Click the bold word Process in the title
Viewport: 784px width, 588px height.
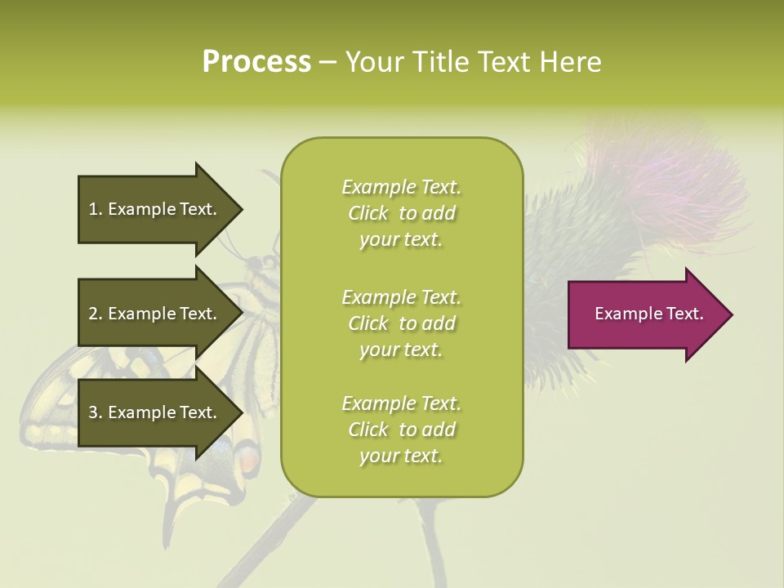coord(256,62)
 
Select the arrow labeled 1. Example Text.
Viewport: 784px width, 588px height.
coord(155,209)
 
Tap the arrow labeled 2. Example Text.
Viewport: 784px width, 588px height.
coord(155,314)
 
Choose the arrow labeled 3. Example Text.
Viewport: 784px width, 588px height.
coord(155,412)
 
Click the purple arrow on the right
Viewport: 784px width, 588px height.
coord(645,314)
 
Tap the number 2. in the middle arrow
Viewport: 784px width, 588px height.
coord(95,314)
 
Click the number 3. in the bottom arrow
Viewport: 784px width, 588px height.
coord(95,412)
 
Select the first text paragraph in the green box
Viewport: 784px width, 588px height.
coord(401,213)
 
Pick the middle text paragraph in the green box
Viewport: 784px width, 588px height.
coord(401,323)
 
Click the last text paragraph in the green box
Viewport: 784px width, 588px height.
coord(401,430)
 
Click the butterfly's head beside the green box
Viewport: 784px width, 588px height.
coord(263,265)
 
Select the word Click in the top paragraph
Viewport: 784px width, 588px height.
coord(368,213)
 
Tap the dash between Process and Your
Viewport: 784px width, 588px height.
coord(327,62)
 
